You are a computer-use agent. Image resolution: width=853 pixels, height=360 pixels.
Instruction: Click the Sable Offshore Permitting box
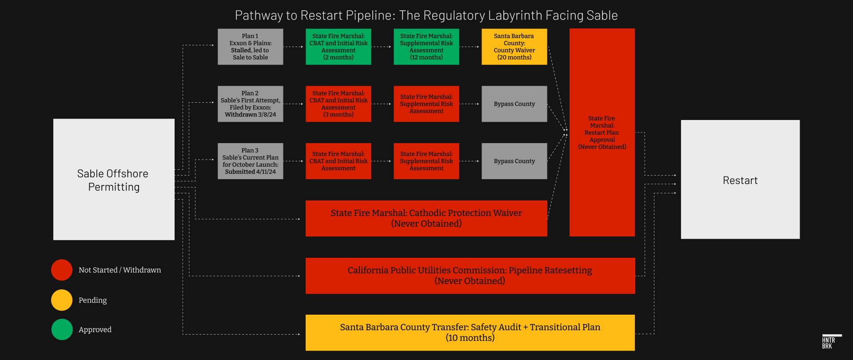pyautogui.click(x=114, y=180)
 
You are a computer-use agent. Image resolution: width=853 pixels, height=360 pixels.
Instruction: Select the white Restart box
pyautogui.click(x=740, y=180)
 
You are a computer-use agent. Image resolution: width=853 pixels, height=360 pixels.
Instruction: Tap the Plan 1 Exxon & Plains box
pyautogui.click(x=250, y=47)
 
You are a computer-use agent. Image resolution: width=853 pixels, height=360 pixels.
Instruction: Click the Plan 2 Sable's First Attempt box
pyautogui.click(x=250, y=104)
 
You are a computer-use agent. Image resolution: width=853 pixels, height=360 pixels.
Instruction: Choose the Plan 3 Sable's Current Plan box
pyautogui.click(x=250, y=161)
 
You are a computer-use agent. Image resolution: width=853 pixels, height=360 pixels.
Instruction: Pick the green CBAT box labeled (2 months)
pyautogui.click(x=338, y=47)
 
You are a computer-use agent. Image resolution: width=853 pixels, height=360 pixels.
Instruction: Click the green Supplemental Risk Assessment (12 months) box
pyautogui.click(x=426, y=47)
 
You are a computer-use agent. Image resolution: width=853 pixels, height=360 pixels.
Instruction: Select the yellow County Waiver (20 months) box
pyautogui.click(x=514, y=47)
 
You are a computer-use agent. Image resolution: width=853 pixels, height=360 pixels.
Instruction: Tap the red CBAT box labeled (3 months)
pyautogui.click(x=338, y=104)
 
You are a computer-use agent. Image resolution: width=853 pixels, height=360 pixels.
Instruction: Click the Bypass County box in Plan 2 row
pyautogui.click(x=514, y=104)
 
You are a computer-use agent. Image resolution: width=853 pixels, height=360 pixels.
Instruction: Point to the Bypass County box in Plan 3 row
pyautogui.click(x=514, y=161)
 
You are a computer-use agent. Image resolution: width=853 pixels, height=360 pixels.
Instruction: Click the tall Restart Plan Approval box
pyautogui.click(x=602, y=132)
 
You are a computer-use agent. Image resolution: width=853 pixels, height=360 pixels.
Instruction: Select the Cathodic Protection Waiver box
pyautogui.click(x=426, y=218)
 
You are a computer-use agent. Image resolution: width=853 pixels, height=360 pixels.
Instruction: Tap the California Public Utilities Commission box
pyautogui.click(x=470, y=276)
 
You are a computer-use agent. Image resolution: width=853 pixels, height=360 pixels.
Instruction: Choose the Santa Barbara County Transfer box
pyautogui.click(x=470, y=332)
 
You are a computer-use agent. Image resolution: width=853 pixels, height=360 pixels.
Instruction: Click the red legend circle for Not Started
pyautogui.click(x=62, y=270)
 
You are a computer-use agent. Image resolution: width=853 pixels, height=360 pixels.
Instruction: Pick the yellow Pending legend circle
pyautogui.click(x=62, y=300)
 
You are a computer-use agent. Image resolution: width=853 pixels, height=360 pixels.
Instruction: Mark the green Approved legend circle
pyautogui.click(x=62, y=329)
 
